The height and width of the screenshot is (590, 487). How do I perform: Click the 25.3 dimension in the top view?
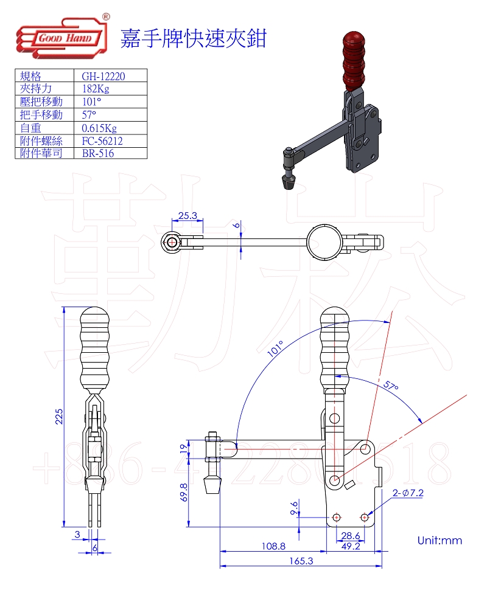pyautogui.click(x=187, y=215)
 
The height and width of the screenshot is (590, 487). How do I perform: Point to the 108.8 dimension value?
pyautogui.click(x=273, y=546)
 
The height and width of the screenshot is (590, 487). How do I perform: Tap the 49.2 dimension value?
pyautogui.click(x=351, y=546)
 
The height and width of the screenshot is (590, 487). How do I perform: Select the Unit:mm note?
pyautogui.click(x=440, y=540)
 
